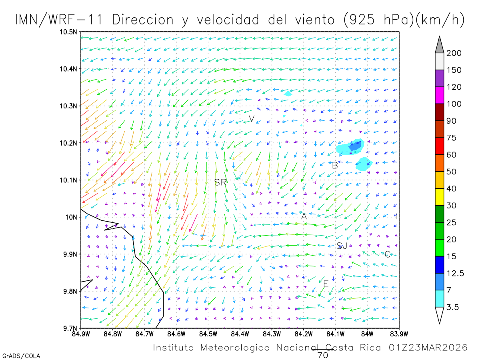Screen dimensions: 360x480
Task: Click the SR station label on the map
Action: [220, 182]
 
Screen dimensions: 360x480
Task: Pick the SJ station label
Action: [342, 246]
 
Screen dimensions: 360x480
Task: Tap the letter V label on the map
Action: [252, 119]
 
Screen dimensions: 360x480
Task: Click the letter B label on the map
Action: [335, 165]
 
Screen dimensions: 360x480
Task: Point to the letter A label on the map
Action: [304, 216]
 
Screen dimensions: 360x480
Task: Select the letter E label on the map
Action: [326, 284]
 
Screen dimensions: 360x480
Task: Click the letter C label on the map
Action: [387, 254]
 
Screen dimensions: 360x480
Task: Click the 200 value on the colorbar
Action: [454, 53]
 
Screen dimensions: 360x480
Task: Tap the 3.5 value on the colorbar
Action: [452, 307]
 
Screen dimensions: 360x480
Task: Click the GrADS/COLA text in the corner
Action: [21, 356]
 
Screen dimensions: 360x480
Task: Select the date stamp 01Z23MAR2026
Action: [428, 348]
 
